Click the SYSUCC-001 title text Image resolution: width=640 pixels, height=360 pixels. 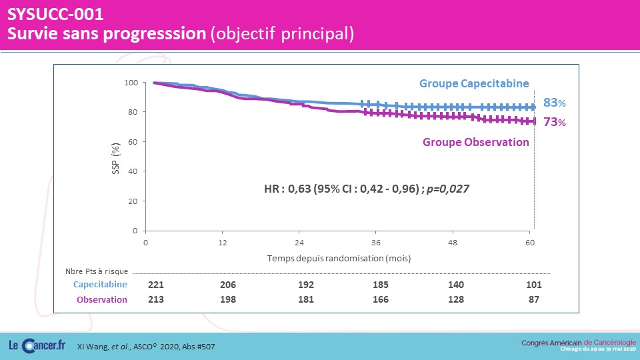pos(55,14)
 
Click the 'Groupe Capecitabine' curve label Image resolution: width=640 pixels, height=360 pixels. pos(474,84)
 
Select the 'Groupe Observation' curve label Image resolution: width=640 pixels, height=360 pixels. pos(475,142)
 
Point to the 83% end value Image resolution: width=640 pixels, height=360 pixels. pos(554,103)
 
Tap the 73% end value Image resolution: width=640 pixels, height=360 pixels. pos(554,122)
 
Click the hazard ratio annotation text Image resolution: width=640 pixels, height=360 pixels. pos(367,189)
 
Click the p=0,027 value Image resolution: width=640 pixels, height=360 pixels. pos(448,189)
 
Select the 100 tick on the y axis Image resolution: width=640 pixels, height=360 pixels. pos(131,83)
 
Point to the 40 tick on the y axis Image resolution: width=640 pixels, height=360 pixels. pos(133,171)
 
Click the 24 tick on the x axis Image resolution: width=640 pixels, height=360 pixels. pos(299,243)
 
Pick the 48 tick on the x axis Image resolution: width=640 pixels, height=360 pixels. pos(453,243)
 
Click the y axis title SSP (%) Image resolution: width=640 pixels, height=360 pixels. pos(116,159)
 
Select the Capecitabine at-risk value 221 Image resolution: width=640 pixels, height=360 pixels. pos(156,285)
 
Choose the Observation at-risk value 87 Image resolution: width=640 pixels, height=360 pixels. pos(534,299)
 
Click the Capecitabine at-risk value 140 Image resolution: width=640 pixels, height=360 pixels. pos(456,285)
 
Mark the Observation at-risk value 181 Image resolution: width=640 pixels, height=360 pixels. pos(306,299)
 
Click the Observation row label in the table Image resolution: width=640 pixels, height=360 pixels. pos(102,299)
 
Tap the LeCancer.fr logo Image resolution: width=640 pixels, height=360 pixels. pos(37,346)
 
